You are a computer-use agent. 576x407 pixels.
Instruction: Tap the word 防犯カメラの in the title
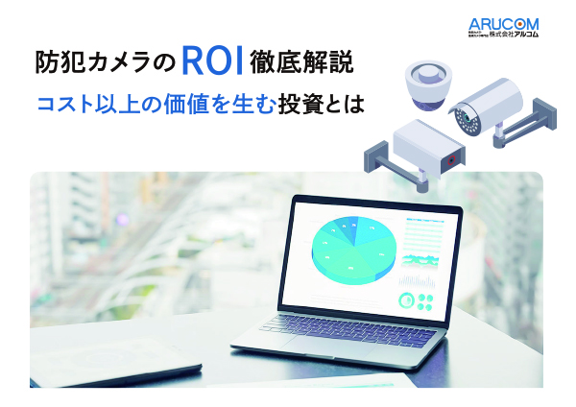pos(103,65)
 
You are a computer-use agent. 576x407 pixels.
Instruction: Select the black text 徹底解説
pos(305,65)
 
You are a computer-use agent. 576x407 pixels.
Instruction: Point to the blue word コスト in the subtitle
pos(64,104)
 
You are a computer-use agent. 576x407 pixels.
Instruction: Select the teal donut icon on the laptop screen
pos(407,300)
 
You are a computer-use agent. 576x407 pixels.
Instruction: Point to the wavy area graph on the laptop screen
pos(419,260)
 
